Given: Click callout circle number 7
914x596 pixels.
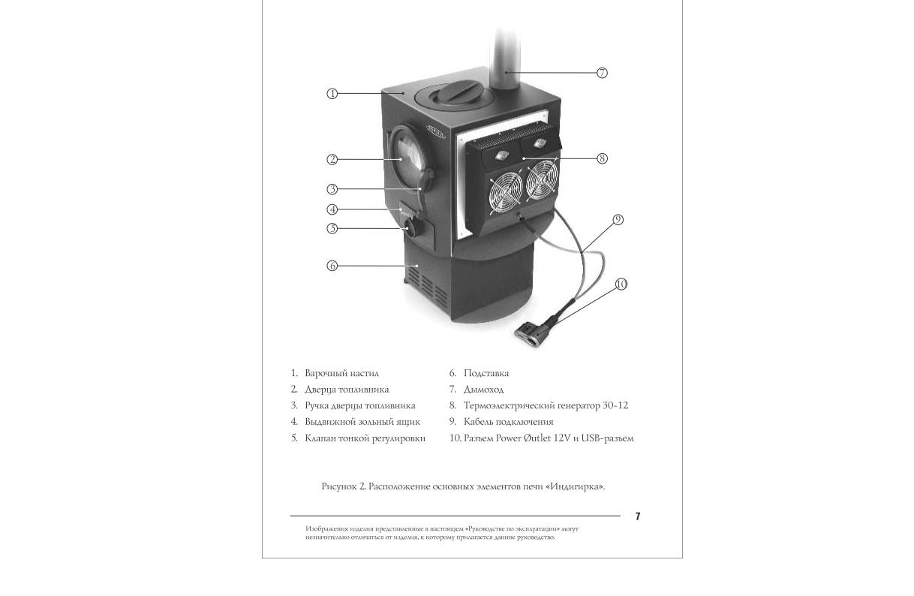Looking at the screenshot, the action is point(603,73).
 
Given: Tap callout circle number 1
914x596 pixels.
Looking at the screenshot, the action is point(332,94).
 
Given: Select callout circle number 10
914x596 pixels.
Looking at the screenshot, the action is point(621,284).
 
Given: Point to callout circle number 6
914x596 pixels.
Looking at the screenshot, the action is point(332,266).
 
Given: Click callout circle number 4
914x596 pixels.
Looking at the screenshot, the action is point(332,209).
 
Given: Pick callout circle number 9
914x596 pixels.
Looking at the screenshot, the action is point(618,220).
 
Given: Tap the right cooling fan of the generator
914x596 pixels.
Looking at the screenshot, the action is point(542,179).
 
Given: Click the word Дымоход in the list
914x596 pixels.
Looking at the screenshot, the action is point(483,390).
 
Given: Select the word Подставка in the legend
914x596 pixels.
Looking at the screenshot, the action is point(486,373).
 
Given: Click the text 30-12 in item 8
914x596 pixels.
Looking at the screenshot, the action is point(615,405).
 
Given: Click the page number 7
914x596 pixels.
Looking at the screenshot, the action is point(638,516).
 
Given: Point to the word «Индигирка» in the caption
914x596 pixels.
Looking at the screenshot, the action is point(575,486).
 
